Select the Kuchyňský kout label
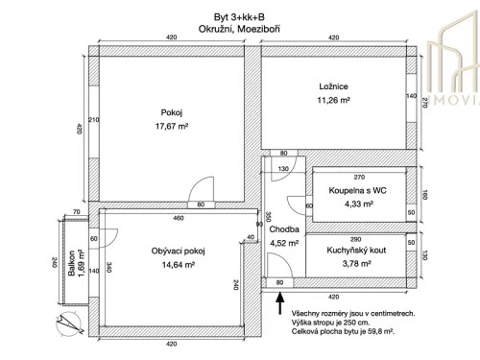click(355, 249)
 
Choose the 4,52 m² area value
click(285, 243)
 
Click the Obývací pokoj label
click(180, 251)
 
